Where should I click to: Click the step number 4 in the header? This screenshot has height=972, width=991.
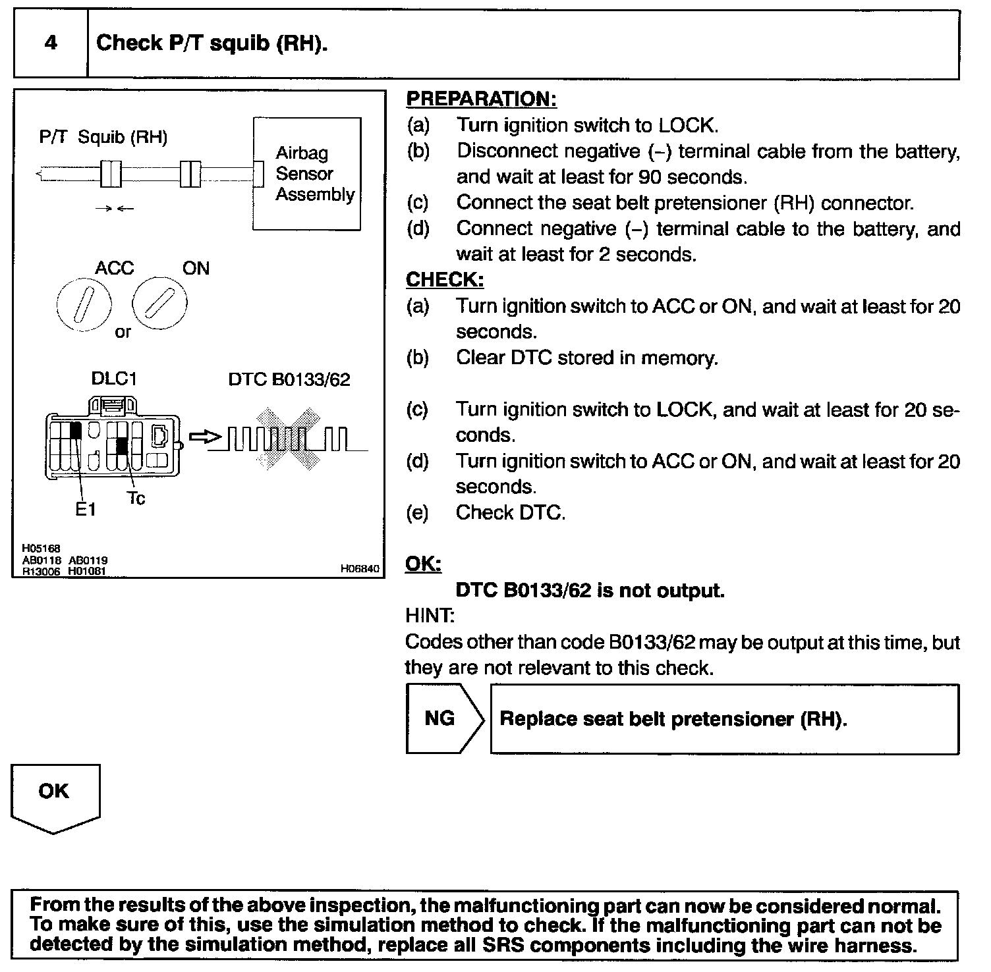click(51, 43)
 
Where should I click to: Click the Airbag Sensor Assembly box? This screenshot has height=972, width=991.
click(307, 173)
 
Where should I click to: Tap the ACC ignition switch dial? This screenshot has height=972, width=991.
click(84, 304)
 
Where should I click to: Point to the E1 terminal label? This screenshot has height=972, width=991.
click(86, 509)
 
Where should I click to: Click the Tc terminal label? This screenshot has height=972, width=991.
click(136, 499)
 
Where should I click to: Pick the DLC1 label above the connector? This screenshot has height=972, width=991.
click(113, 379)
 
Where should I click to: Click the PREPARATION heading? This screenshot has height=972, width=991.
click(481, 99)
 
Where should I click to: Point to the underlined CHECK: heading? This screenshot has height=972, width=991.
click(445, 280)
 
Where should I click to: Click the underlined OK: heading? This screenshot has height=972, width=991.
click(423, 564)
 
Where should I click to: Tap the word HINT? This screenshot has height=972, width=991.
click(429, 616)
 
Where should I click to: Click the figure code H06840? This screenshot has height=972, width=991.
click(360, 569)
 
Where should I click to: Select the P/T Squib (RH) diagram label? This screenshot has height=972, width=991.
click(103, 138)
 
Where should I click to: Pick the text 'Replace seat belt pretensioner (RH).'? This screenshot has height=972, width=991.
click(673, 718)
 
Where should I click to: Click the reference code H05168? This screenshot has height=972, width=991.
click(41, 548)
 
